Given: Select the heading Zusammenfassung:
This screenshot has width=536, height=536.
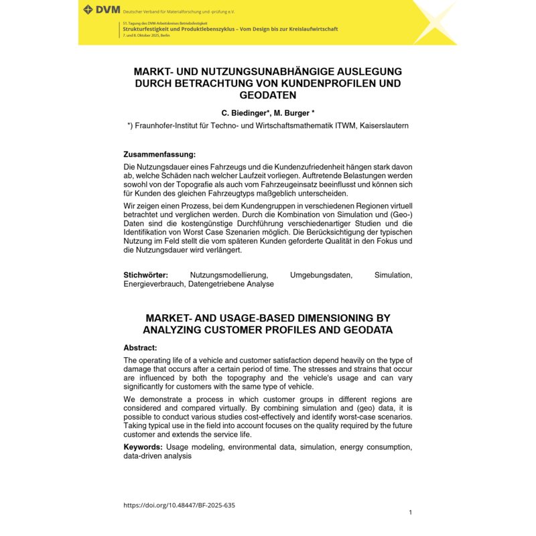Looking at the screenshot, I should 159,154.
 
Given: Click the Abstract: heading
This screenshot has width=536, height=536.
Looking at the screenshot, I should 140,348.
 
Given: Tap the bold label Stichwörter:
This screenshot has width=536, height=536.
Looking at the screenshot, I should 145,275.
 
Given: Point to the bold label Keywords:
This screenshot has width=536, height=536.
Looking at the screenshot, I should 143,447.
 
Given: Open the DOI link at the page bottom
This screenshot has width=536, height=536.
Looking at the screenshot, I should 179,505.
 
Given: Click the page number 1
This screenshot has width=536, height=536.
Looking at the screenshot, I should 410,513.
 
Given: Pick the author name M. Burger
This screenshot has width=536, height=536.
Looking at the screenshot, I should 293,113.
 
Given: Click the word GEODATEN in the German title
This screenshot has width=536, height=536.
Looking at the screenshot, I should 267,96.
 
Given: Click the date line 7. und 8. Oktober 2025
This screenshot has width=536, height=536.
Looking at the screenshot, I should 146,34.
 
